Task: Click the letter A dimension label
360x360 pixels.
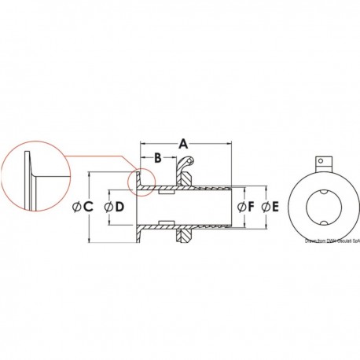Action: [184, 144]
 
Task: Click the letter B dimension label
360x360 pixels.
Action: [157, 158]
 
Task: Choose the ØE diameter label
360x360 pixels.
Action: [270, 208]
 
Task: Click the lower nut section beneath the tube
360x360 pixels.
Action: [181, 234]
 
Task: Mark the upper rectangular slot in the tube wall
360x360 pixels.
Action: [167, 189]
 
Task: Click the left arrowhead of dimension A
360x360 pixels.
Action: [143, 144]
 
